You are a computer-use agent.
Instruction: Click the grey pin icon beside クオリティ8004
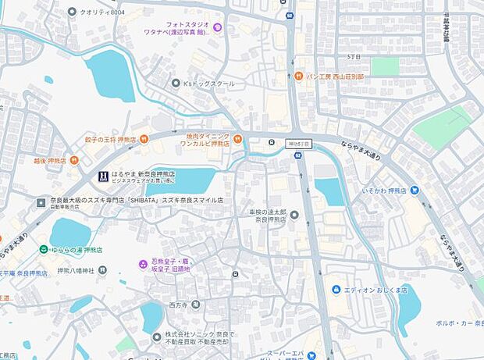tap(73, 12)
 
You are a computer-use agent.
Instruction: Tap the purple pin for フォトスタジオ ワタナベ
tap(217, 29)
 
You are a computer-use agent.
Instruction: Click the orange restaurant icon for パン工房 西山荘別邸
tap(299, 76)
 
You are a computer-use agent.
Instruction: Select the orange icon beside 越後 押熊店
tap(74, 160)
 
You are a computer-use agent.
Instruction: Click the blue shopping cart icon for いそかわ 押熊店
tap(415, 190)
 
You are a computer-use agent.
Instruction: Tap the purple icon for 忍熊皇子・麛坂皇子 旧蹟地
tap(142, 265)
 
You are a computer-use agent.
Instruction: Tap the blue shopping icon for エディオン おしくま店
tap(336, 290)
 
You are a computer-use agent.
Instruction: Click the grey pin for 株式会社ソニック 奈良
tap(155, 336)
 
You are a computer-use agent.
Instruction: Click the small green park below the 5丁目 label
tap(384, 67)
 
